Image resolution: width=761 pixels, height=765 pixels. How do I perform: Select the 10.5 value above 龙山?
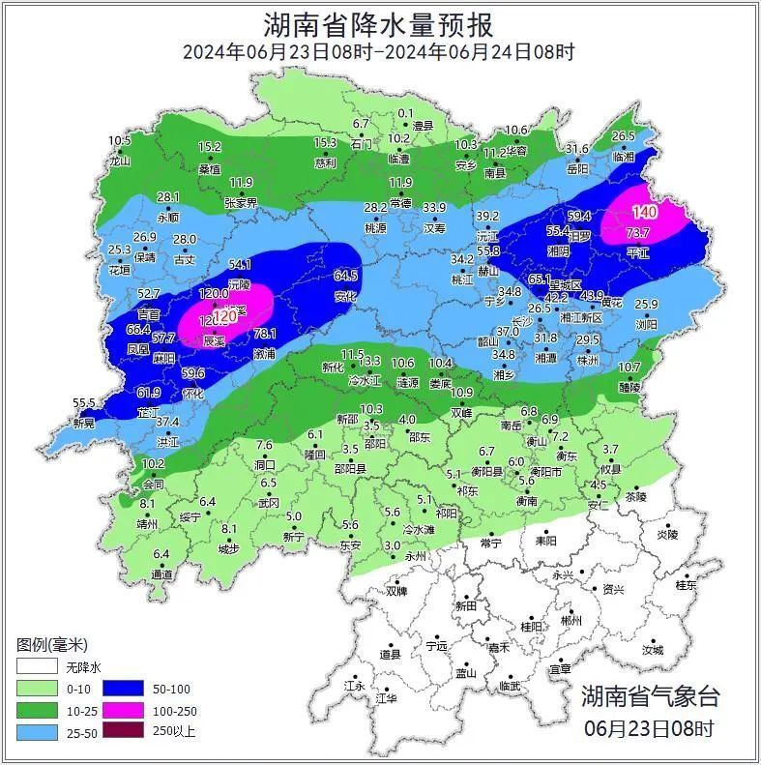pyautogui.click(x=119, y=141)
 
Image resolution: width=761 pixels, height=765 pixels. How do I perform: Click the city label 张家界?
pyautogui.click(x=241, y=203)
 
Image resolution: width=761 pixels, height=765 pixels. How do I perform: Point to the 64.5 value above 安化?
pyautogui.click(x=345, y=276)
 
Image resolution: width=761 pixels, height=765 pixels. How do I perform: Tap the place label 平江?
pyautogui.click(x=638, y=251)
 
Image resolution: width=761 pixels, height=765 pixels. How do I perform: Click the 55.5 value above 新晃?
pyautogui.click(x=84, y=402)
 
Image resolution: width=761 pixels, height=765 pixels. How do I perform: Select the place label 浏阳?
pyautogui.click(x=646, y=325)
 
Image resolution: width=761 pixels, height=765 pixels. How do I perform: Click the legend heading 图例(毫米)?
pyautogui.click(x=52, y=644)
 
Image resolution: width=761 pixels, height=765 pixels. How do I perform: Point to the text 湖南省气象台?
pyautogui.click(x=650, y=695)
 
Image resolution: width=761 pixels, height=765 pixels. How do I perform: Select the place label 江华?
pyautogui.click(x=386, y=697)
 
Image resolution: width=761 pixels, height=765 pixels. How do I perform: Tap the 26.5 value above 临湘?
pyautogui.click(x=623, y=136)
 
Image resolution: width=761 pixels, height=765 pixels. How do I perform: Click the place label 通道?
pyautogui.click(x=162, y=574)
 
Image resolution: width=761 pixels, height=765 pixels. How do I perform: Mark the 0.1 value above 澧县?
pyautogui.click(x=406, y=113)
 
